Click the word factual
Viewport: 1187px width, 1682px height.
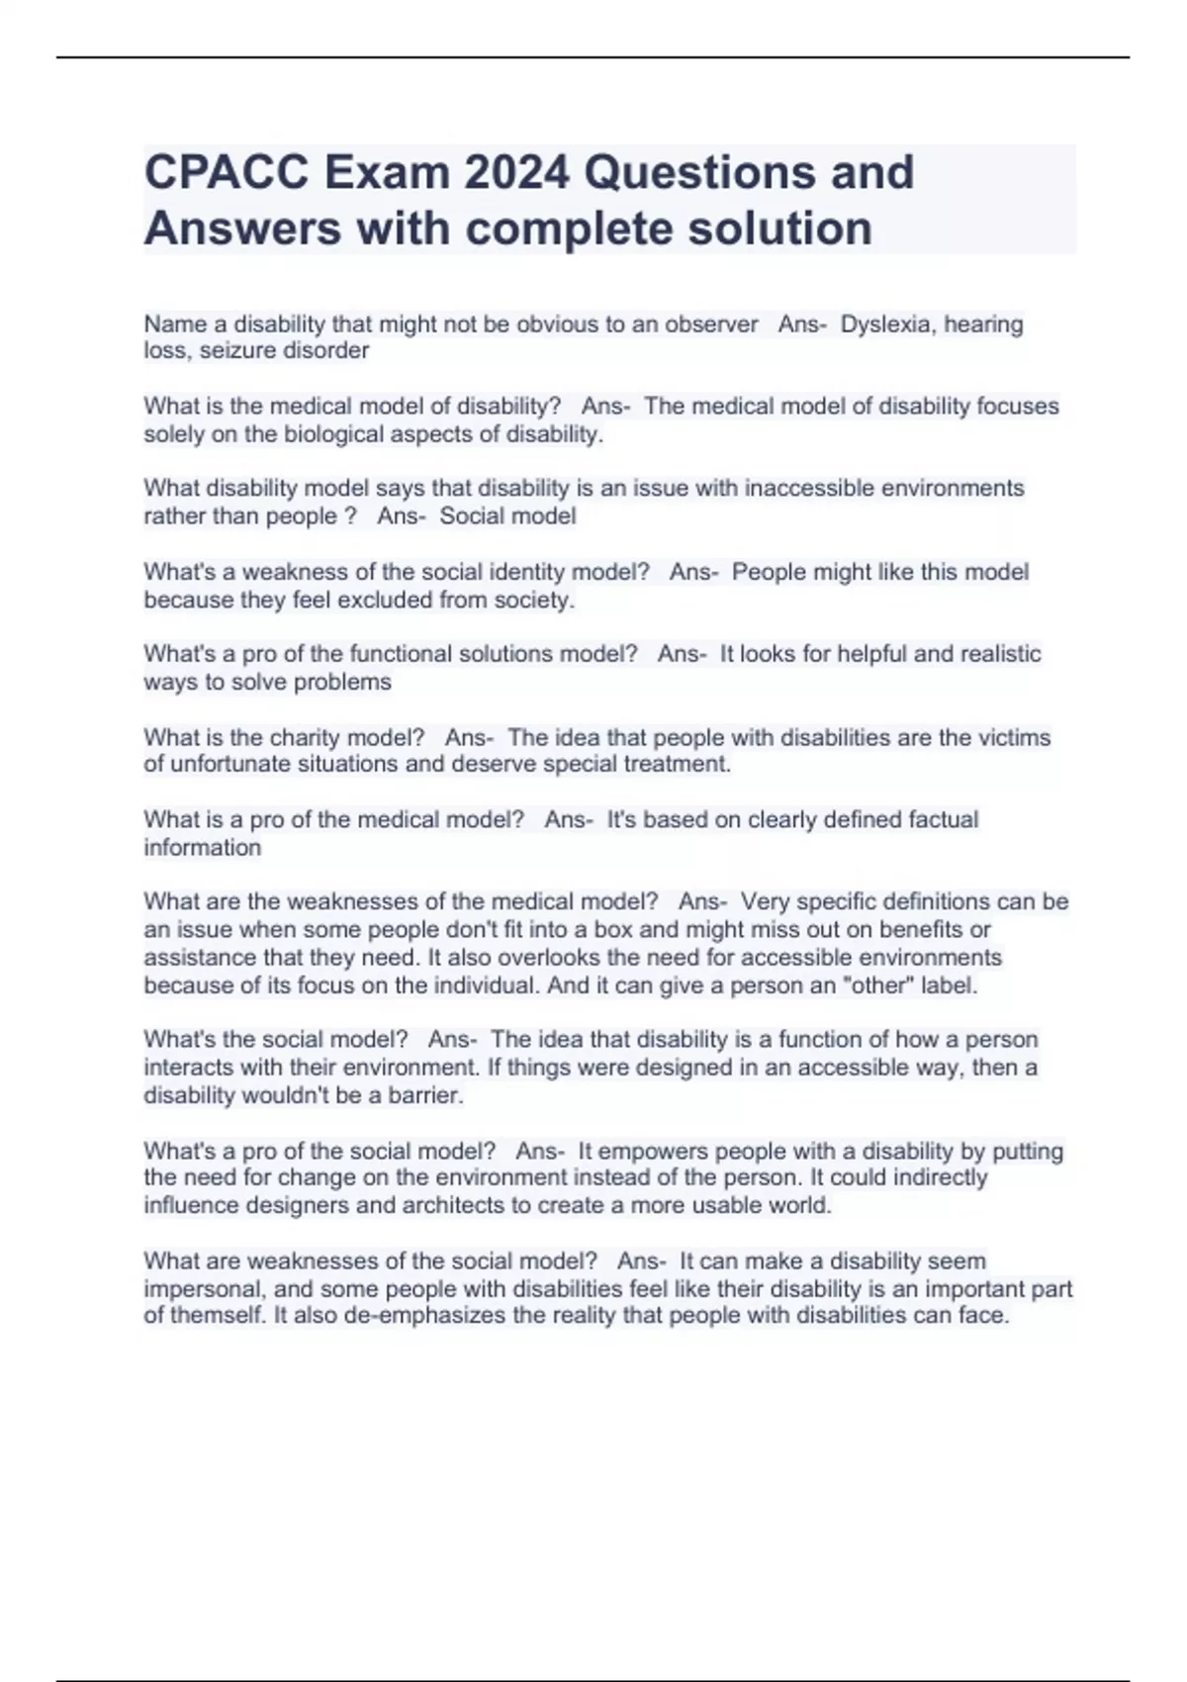938,819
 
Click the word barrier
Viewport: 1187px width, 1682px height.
427,1095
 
